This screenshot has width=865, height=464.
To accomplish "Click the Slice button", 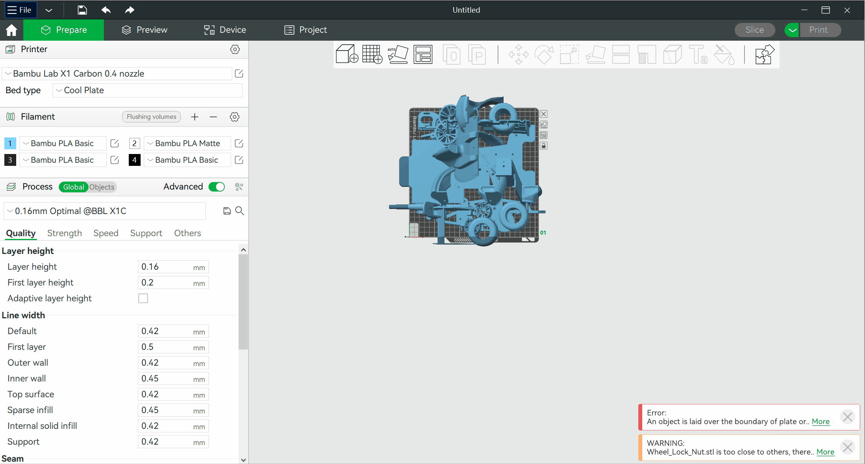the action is (x=754, y=30).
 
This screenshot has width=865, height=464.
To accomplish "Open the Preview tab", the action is (x=145, y=30).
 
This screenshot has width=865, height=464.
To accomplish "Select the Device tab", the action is (x=225, y=30).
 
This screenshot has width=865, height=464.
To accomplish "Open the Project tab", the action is (x=306, y=30).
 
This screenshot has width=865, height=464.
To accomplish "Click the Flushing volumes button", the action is (x=151, y=117).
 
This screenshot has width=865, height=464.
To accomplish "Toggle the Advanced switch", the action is (x=217, y=187).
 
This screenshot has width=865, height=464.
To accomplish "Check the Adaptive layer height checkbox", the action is (x=143, y=299).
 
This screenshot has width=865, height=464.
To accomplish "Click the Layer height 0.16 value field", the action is (x=173, y=267).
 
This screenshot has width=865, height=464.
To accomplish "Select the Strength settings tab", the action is (x=64, y=233).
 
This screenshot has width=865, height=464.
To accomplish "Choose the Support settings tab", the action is (x=146, y=233).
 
